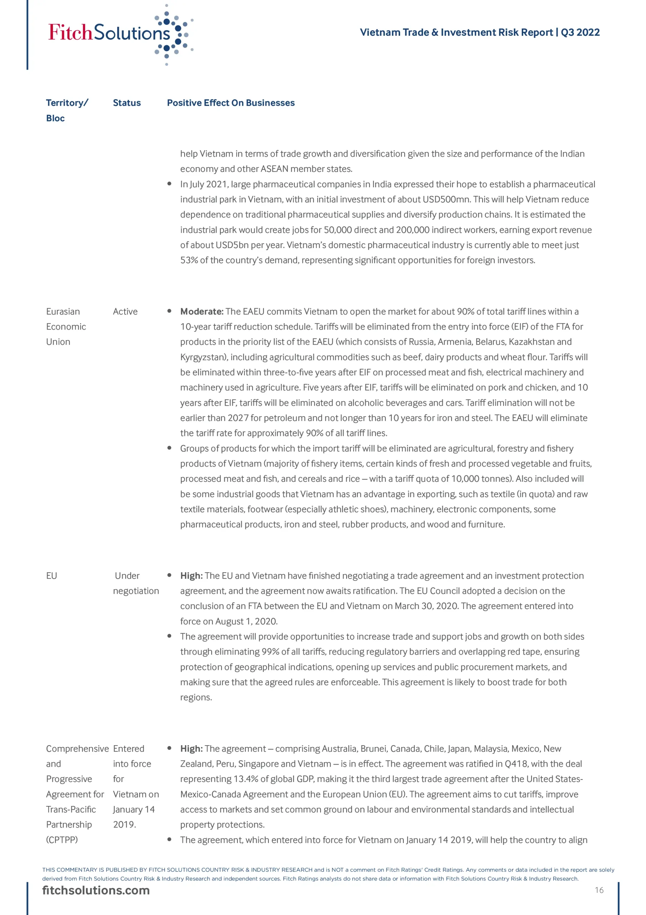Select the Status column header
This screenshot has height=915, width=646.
(x=127, y=103)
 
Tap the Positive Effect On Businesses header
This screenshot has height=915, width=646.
(x=231, y=103)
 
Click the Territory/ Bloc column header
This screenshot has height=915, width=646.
(x=66, y=110)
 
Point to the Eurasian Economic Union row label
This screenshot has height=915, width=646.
(x=66, y=326)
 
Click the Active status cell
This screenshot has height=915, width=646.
(x=125, y=311)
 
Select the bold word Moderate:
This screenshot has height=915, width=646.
(x=202, y=311)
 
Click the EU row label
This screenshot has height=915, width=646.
(x=52, y=575)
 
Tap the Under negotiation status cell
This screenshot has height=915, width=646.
(x=135, y=583)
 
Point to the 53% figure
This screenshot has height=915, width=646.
(x=189, y=260)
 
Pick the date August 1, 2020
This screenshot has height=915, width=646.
(x=246, y=621)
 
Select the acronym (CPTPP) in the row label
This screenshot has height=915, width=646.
(x=62, y=840)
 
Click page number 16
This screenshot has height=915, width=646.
(x=599, y=890)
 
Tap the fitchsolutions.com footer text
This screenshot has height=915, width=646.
(x=96, y=890)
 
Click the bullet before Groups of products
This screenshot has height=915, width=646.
(x=169, y=448)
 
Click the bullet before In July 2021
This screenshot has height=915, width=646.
(x=169, y=184)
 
